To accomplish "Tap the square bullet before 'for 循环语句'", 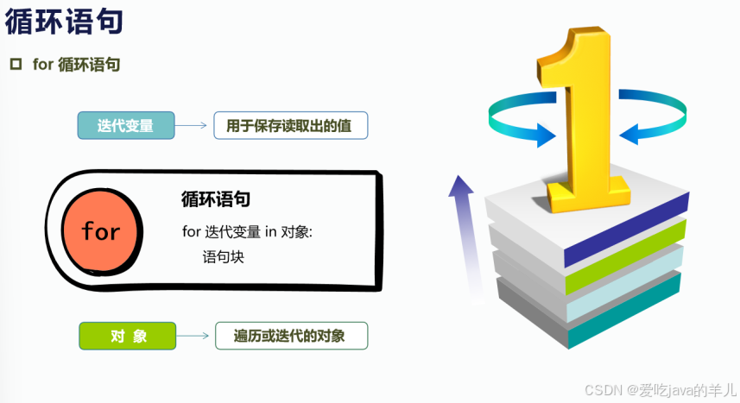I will tap(15, 65).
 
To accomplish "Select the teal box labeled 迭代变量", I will tap(126, 126).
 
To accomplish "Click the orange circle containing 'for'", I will tap(100, 230).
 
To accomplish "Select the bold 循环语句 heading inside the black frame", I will tap(216, 199).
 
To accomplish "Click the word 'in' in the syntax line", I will tap(270, 230).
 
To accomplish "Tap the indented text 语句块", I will tap(224, 256).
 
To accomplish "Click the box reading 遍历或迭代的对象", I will tap(290, 336).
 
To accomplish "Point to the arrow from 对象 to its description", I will tap(193, 336).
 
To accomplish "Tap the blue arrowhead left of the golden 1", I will tap(543, 135).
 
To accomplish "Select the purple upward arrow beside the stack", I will tap(463, 233).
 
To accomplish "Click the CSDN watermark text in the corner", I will tap(660, 389).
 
